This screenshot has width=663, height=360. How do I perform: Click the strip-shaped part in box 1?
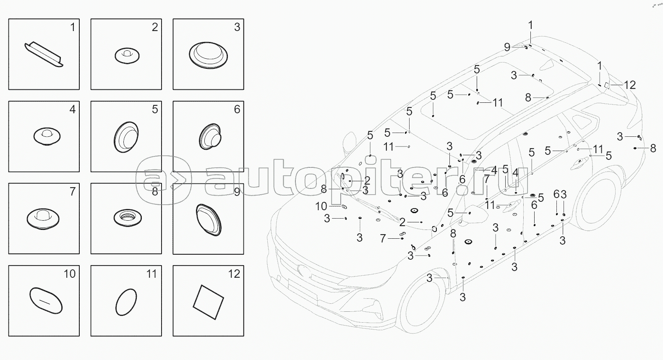pos(44,54)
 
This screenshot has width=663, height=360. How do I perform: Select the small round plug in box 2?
pos(127,55)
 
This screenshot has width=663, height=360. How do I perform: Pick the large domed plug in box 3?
pos(209,55)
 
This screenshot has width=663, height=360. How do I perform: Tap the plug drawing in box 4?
pos(47,136)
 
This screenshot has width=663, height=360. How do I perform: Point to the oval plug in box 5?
pos(126,137)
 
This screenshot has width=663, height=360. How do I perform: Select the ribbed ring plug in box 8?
pos(128,218)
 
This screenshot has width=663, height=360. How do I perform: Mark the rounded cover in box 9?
pos(209,220)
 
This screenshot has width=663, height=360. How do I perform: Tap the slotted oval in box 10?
pos(46,300)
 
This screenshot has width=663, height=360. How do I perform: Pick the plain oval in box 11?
pos(126,302)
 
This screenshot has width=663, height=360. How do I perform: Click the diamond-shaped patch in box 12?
pos(209,302)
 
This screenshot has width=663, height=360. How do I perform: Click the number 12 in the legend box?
pos(234,274)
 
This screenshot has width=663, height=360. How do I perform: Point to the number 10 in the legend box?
pos(70,274)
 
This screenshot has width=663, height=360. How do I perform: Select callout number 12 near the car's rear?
pos(629,85)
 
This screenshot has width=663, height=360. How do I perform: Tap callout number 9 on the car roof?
pos(507,47)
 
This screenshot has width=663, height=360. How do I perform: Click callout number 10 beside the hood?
pos(321,206)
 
